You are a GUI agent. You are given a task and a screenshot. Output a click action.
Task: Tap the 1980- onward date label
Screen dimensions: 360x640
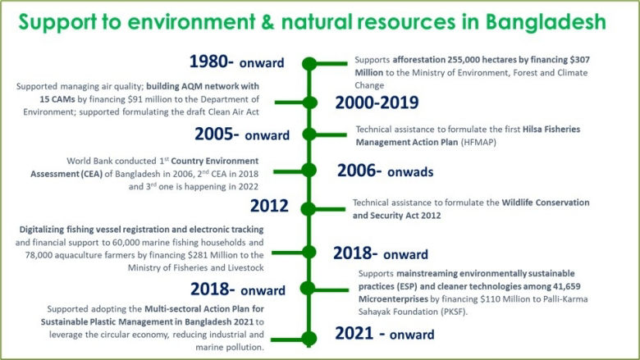pyautogui.click(x=236, y=62)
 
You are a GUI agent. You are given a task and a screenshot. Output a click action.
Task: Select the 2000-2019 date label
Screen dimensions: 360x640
pyautogui.click(x=377, y=103)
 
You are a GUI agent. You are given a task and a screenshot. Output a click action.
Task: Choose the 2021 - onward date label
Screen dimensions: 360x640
pyautogui.click(x=386, y=334)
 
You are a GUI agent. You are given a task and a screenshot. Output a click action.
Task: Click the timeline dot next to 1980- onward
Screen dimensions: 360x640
pyautogui.click(x=309, y=63)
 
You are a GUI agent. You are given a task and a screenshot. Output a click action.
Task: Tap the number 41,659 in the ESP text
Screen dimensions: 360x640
pyautogui.click(x=554, y=286)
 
